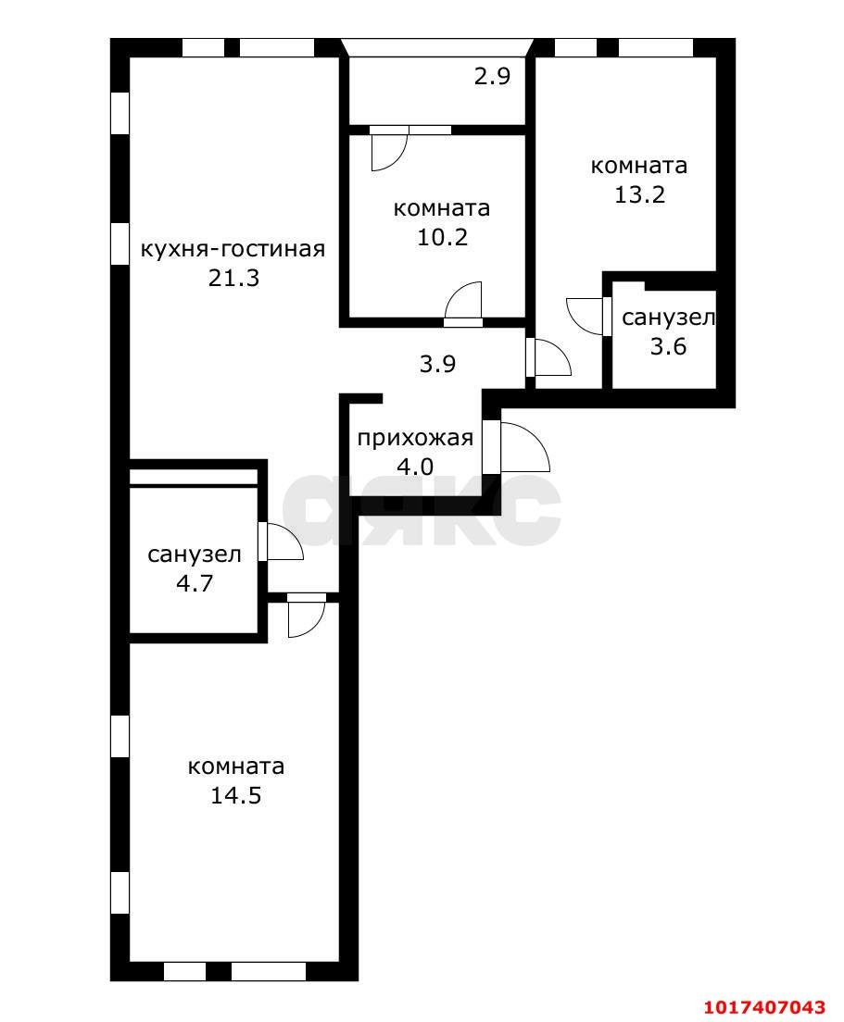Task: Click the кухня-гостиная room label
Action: coord(233,250)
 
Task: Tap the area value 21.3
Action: coord(233,279)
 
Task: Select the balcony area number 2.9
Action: coord(492,77)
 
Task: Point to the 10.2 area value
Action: coord(442,237)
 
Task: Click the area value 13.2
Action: coord(639,194)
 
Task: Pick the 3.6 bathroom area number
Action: coord(669,346)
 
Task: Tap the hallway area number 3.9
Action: coord(437,364)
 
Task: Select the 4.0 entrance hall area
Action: coord(415,467)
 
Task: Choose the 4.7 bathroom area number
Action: coord(195,582)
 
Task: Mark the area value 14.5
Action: coord(235,795)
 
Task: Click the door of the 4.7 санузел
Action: coord(281,541)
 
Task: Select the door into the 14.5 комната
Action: coord(307,615)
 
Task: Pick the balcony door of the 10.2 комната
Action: coord(389,148)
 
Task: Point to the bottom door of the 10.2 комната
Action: coord(462,304)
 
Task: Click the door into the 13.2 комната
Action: coord(548,357)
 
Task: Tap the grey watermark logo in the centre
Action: coord(422,510)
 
